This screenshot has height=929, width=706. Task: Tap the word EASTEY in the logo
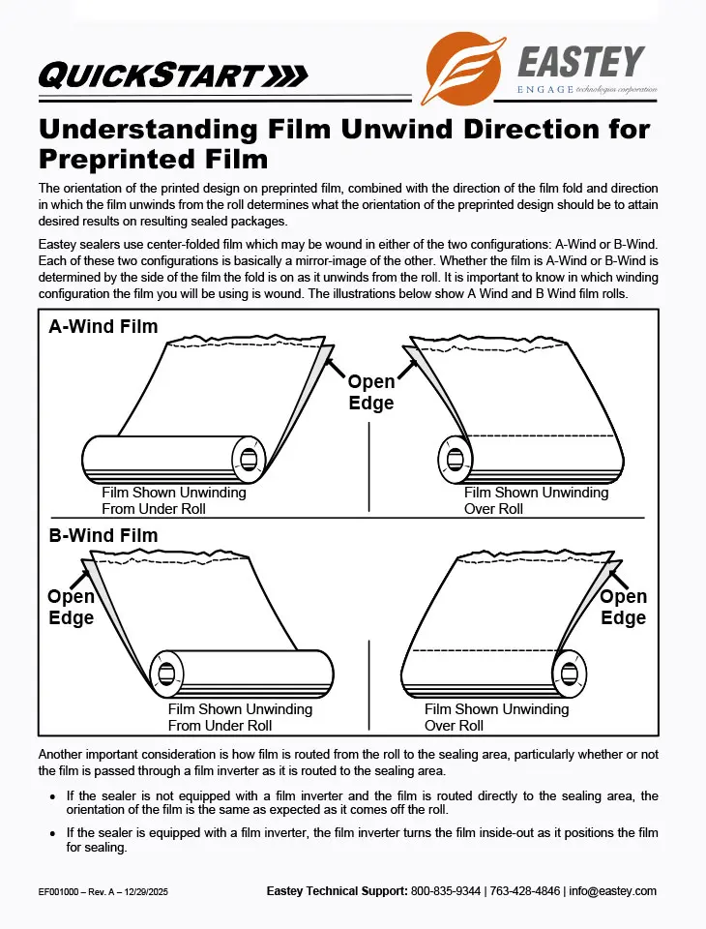pyautogui.click(x=580, y=62)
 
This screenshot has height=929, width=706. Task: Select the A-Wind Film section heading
pyautogui.click(x=103, y=327)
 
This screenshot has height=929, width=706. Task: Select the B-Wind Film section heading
pyautogui.click(x=103, y=535)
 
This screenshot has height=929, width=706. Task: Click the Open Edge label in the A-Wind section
pyautogui.click(x=371, y=392)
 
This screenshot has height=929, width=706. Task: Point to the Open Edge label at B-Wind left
pyautogui.click(x=72, y=608)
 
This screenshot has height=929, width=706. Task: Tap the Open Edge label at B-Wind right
pyautogui.click(x=623, y=607)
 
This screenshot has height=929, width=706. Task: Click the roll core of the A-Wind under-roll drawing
pyautogui.click(x=249, y=458)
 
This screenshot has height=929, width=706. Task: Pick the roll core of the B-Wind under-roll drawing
pyautogui.click(x=167, y=674)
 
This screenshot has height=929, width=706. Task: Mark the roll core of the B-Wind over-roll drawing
pyautogui.click(x=571, y=673)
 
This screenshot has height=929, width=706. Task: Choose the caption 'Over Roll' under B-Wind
pyautogui.click(x=455, y=726)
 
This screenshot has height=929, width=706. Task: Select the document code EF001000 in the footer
pyautogui.click(x=61, y=892)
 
